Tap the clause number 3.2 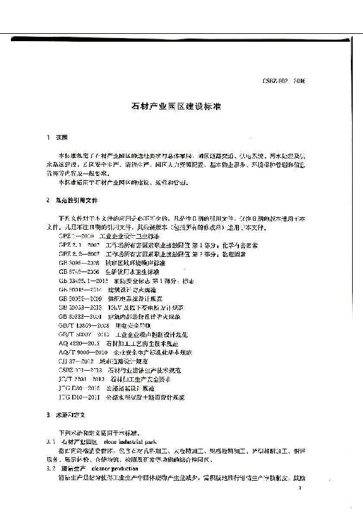click(x=52, y=468)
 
